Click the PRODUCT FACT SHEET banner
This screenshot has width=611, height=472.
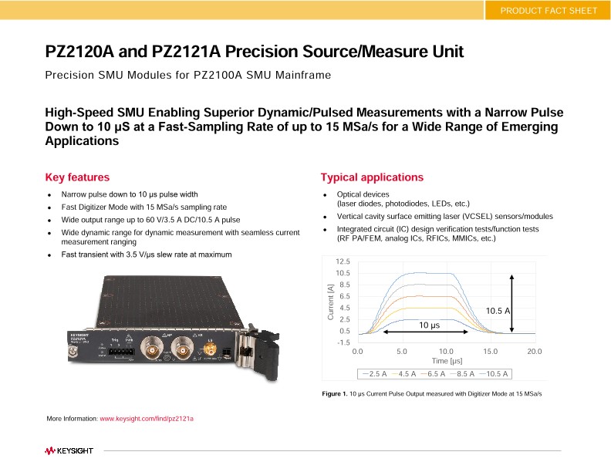548,10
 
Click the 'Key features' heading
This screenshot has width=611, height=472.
77,177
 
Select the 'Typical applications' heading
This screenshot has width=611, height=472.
372,177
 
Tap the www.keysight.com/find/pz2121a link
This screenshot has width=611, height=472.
147,418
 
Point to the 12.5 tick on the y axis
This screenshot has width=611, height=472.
343,262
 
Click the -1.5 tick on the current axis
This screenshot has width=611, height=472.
343,342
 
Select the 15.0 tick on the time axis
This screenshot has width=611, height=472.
490,352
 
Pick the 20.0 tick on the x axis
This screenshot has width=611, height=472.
534,352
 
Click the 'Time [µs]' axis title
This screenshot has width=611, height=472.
447,361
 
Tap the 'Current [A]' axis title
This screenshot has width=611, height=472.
330,302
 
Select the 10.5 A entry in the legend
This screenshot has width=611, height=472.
493,374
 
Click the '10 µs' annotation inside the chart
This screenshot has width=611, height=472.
429,325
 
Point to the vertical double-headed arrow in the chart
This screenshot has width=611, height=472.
511,303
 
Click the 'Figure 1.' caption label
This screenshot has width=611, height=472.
335,394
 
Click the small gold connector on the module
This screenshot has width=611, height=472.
208,352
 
